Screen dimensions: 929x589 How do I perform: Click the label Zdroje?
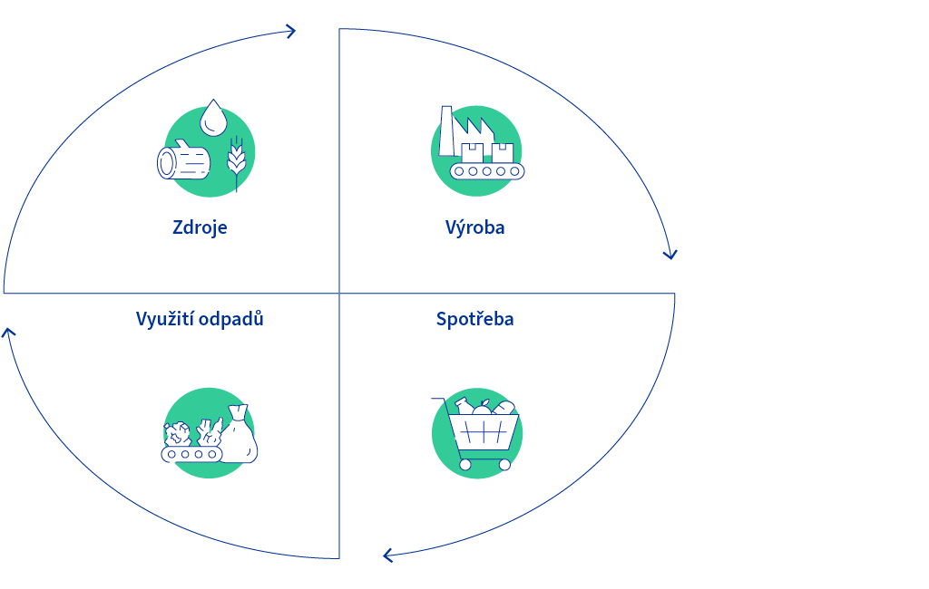click(200, 228)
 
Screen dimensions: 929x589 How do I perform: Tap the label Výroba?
click(475, 227)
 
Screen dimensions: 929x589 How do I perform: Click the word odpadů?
click(231, 319)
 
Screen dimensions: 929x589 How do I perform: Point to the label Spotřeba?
click(475, 319)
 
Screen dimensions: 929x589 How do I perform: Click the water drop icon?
click(213, 118)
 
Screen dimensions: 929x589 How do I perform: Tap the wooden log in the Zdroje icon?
click(183, 159)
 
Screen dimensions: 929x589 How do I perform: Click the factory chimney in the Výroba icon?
click(446, 130)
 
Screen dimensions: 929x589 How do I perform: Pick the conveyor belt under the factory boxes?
click(487, 171)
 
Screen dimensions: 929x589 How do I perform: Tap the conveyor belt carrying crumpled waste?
click(192, 454)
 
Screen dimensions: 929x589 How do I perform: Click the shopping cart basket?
click(484, 432)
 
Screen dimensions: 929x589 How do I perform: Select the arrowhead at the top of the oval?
click(290, 32)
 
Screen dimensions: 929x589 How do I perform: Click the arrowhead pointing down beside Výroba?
click(670, 255)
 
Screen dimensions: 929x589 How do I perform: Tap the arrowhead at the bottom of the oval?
click(388, 555)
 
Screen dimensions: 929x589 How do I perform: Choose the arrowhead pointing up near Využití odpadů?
click(8, 333)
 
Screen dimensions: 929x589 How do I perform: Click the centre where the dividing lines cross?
click(339, 293)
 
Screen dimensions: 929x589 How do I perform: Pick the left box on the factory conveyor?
click(472, 153)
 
